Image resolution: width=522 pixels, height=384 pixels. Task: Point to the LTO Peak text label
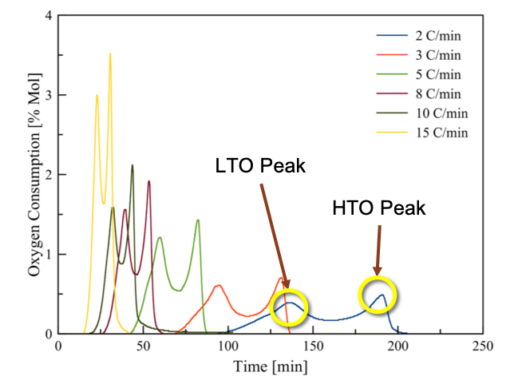[259, 167]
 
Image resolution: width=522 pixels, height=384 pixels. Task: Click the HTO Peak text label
[379, 209]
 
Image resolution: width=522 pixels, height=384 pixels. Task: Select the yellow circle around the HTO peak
[378, 295]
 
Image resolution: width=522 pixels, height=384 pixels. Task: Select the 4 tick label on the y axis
[49, 16]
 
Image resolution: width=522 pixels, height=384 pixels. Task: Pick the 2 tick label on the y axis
[49, 175]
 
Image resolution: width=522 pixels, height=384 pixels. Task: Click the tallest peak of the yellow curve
[110, 53]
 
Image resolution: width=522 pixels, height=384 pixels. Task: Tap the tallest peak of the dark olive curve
[132, 165]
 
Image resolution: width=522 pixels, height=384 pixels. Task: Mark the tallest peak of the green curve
[198, 220]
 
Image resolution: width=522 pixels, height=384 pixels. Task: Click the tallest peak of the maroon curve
[148, 181]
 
